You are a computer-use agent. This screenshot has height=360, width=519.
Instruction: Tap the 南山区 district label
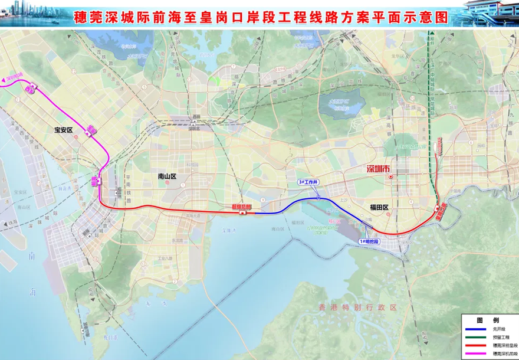pyautogui.click(x=167, y=176)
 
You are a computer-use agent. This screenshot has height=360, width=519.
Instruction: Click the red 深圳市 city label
pyautogui.click(x=379, y=169)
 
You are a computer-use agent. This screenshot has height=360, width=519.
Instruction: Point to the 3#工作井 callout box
pyautogui.click(x=308, y=183)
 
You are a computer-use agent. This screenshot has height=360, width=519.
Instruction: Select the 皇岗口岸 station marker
pyautogui.click(x=441, y=211)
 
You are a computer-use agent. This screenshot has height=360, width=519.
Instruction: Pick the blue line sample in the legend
pyautogui.click(x=475, y=329)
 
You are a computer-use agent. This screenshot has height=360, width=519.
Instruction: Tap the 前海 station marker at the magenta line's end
pyautogui.click(x=96, y=179)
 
